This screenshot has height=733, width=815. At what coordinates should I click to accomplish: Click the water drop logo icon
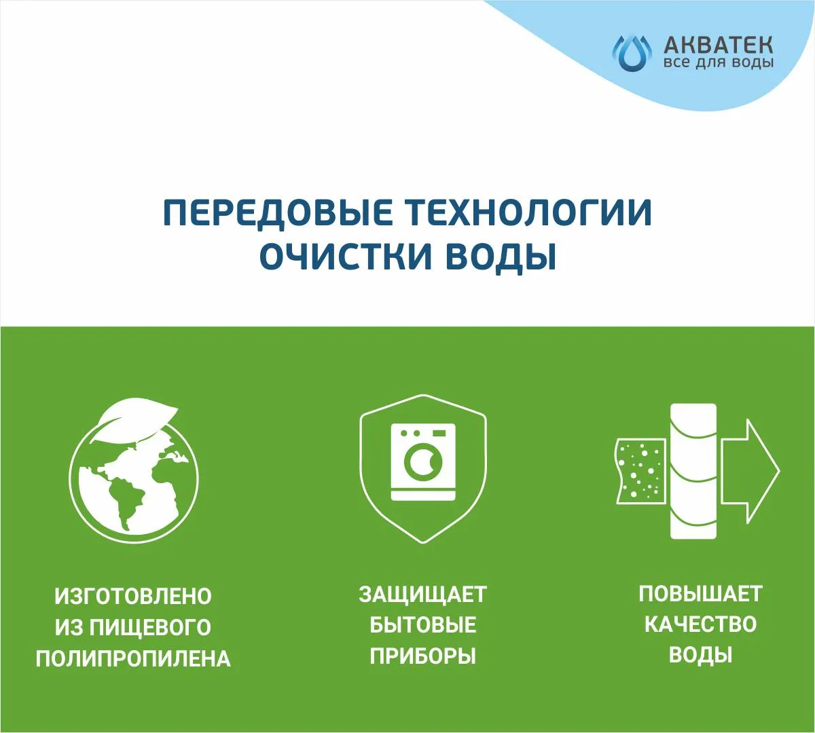[632, 53]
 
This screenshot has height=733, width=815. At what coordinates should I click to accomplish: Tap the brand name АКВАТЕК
[718, 45]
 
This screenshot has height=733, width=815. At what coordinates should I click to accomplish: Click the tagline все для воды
[718, 63]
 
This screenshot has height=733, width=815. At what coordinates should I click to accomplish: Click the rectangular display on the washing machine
[439, 433]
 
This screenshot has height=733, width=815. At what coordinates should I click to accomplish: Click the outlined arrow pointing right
[750, 472]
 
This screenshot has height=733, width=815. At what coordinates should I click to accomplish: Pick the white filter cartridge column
[693, 471]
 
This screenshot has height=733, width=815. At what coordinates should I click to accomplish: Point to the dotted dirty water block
[640, 471]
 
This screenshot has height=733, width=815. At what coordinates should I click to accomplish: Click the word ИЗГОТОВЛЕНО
[133, 596]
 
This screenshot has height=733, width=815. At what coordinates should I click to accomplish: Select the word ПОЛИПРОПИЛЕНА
[133, 658]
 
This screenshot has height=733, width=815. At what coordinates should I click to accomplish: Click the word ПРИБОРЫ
[422, 656]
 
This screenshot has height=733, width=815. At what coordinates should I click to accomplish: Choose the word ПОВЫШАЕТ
[700, 594]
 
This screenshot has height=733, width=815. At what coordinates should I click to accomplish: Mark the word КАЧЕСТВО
[700, 624]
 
